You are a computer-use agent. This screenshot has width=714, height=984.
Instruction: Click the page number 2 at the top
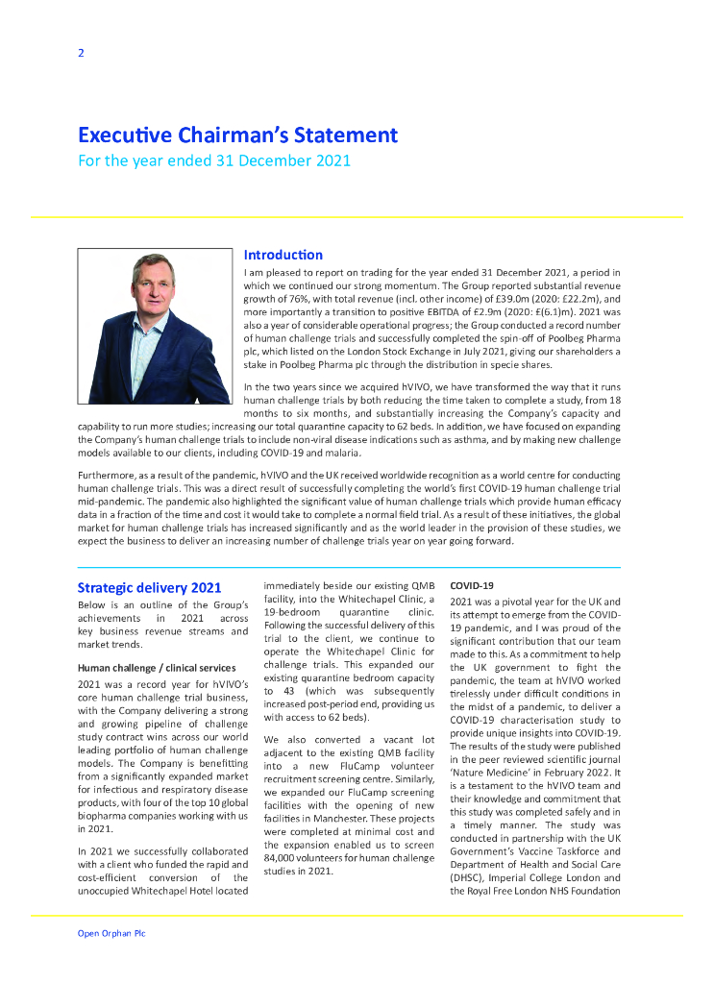pos(81,53)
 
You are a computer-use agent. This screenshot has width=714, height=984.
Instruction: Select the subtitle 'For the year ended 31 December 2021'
pos(213,160)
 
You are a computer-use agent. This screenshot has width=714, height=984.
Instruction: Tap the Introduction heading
pos(283,255)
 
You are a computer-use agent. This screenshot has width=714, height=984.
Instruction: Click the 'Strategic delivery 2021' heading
pos(149,587)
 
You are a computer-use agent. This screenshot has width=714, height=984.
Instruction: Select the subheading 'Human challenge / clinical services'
pos(157,667)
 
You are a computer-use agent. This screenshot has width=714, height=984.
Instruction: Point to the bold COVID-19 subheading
pos(472,585)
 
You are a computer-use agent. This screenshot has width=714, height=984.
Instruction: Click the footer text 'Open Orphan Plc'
pos(111,933)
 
